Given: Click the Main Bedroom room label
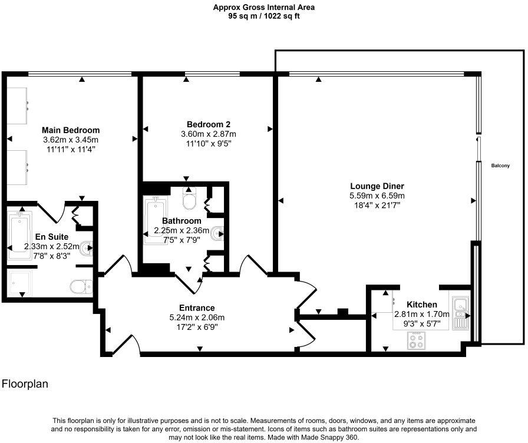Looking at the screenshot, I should coord(71,130).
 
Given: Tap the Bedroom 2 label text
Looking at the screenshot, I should coord(208,124).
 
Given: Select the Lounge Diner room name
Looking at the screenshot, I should coord(377,186).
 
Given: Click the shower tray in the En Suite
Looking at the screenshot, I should coord(22,283).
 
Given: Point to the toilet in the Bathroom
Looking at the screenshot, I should coord(189,200).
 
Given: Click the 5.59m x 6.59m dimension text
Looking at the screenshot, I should coord(377,196).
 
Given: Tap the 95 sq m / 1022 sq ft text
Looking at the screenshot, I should coord(263,16).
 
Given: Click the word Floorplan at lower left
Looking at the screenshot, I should coord(25,384).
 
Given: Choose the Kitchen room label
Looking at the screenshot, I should coord(422,305).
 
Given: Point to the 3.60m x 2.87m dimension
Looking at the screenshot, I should coord(208,134).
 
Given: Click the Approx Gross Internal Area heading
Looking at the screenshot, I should coord(263,7).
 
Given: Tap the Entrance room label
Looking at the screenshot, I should coord(197,308).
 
